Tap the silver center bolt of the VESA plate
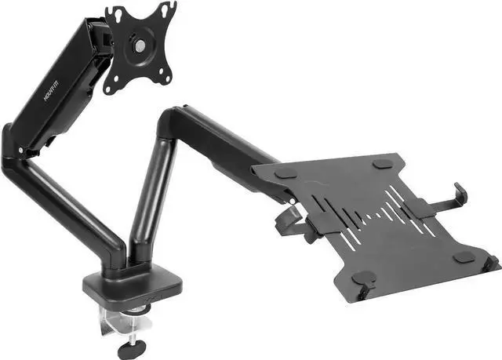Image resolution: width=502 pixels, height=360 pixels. (x=139, y=44)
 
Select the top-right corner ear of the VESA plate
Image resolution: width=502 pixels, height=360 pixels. (x=167, y=9)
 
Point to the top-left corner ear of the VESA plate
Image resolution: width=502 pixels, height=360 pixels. (x=112, y=13)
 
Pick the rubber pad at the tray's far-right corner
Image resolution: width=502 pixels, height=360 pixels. (x=382, y=163)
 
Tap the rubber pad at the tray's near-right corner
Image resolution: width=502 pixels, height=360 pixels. (x=464, y=256)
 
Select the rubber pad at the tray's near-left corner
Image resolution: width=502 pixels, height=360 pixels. (x=362, y=278)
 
